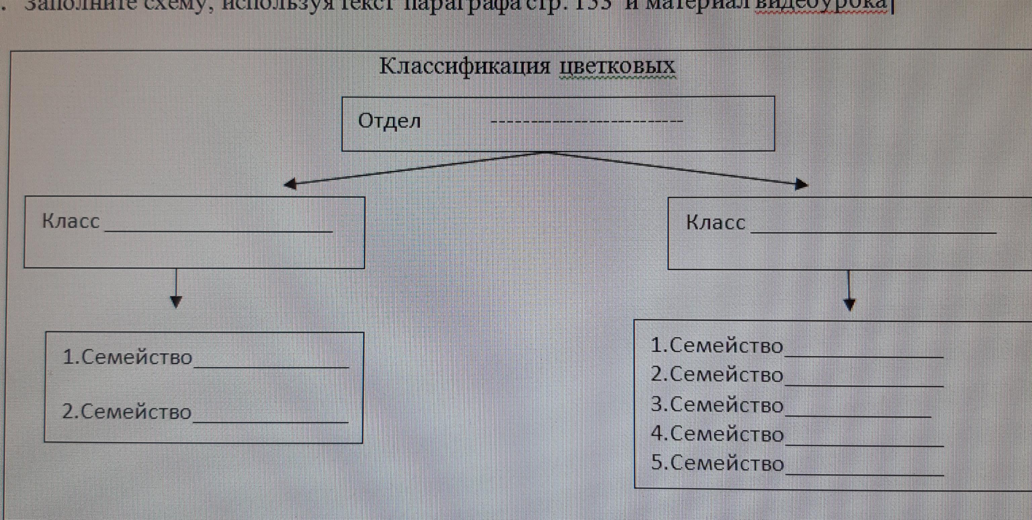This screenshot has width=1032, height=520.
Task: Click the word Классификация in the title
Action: click(465, 66)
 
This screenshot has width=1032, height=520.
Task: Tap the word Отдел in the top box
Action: click(389, 121)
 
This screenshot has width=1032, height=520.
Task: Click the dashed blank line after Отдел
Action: click(587, 121)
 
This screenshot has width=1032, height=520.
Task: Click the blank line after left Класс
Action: click(218, 230)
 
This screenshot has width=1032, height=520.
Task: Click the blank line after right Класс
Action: click(873, 231)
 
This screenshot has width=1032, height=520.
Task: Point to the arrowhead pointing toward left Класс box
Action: click(290, 184)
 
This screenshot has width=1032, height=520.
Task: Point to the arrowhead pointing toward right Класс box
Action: click(801, 185)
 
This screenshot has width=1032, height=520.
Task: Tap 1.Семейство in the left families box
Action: click(127, 357)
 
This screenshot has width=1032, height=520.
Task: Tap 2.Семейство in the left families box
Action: click(127, 412)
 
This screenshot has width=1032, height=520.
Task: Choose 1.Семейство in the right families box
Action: click(717, 345)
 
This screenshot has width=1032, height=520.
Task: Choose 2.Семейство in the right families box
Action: click(717, 375)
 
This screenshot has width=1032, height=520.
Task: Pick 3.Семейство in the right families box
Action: click(717, 405)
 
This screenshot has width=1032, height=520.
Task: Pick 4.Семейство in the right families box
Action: click(717, 434)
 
